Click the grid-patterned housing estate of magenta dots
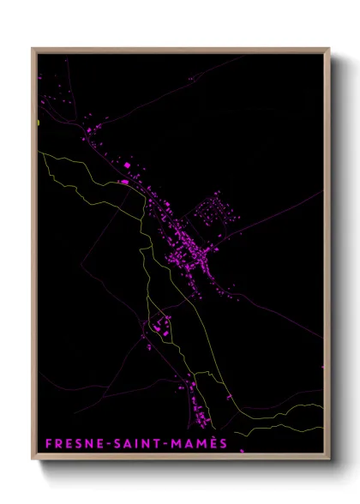coord(213,210)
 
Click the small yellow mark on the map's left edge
coord(39,123)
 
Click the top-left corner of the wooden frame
coord(33,48)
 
